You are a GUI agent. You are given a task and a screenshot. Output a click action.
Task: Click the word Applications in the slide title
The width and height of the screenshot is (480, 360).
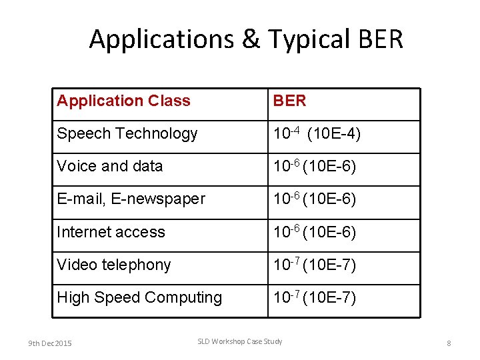pos(161,39)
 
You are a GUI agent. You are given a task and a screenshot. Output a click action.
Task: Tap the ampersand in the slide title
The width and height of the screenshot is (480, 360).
pos(250,39)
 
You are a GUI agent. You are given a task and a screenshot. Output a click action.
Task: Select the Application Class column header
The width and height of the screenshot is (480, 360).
pos(123,101)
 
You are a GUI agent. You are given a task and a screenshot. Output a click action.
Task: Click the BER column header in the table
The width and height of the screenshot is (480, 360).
pos(289,101)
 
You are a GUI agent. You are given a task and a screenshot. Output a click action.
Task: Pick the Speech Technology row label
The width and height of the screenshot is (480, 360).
pos(127,134)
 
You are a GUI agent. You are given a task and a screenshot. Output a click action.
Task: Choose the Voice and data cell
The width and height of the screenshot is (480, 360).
pos(109,166)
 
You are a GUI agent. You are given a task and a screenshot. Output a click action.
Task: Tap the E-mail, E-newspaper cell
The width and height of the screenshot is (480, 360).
pos(131,199)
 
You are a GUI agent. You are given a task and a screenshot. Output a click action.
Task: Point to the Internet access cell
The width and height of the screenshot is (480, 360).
pos(111,232)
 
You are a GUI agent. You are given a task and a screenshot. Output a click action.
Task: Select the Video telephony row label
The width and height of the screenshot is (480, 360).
pos(113,265)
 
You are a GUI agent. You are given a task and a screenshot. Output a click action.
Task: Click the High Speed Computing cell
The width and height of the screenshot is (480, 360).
pos(139,297)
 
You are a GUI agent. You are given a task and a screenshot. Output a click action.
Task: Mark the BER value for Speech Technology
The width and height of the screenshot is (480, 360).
pos(317,134)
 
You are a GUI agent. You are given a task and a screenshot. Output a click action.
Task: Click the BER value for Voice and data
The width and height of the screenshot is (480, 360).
pos(315,166)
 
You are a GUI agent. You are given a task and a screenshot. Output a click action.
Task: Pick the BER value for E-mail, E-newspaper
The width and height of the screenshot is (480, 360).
pos(315,199)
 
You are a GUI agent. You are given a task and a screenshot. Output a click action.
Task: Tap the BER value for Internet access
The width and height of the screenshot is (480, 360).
pos(315,232)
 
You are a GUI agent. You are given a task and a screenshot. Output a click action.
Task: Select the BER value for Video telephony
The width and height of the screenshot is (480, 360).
pos(315,265)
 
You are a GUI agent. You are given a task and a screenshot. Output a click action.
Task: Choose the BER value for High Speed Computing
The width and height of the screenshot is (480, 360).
pos(315,297)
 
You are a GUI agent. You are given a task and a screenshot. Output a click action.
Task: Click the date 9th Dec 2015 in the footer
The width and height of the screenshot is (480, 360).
pos(50,343)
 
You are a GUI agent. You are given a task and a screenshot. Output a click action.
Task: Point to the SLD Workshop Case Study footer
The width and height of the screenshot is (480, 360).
pos(239,342)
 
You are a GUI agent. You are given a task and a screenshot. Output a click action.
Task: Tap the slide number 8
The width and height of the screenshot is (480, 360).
pos(449,343)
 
